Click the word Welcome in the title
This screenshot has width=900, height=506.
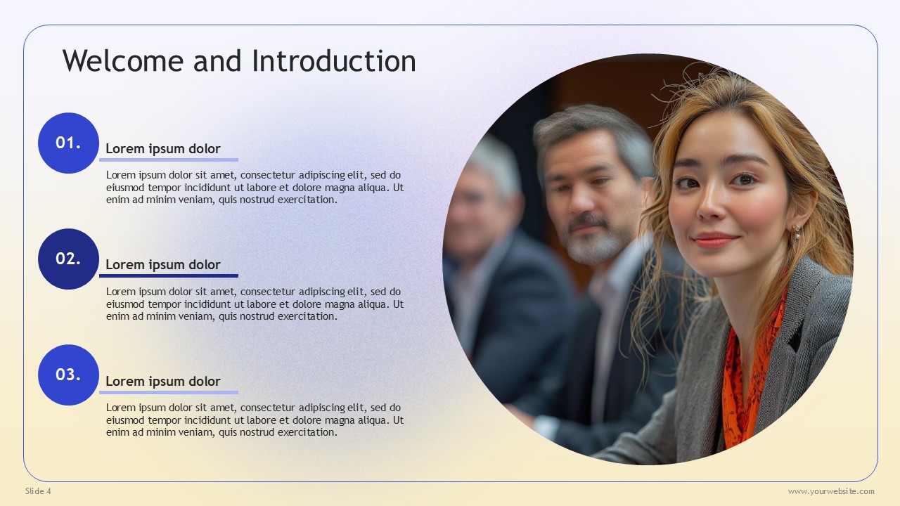pos(123,61)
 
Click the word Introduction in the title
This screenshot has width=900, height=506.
pos(334,61)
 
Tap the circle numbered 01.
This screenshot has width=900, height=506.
pos(68,143)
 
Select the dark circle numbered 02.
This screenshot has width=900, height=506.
pos(68,259)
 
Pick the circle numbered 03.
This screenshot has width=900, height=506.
pos(68,375)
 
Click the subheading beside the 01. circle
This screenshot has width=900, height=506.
pos(163,149)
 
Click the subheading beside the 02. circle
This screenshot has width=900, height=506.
pos(163,265)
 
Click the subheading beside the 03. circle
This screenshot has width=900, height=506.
pos(163,382)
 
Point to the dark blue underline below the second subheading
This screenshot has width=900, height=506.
pos(169,276)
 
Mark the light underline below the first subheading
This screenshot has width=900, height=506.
pos(169,160)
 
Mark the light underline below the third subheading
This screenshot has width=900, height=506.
pos(169,392)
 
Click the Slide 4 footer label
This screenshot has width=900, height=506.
pos(38,491)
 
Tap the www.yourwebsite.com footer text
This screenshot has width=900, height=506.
pos(831,491)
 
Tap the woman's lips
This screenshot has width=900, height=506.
pos(714,240)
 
